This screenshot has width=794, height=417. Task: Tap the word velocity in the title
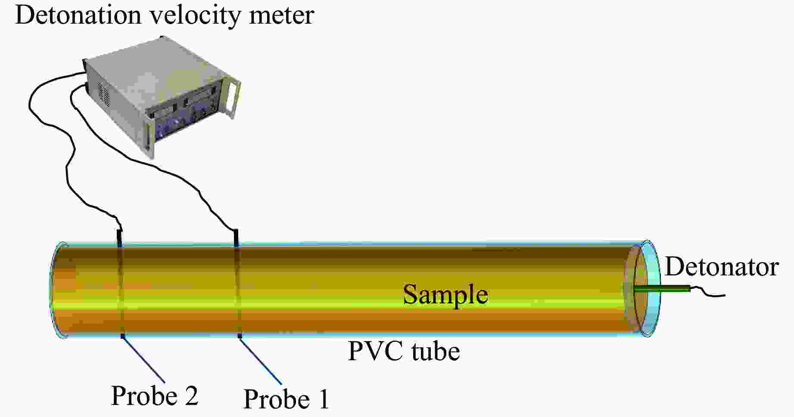click(x=195, y=16)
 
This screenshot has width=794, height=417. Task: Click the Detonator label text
click(x=722, y=267)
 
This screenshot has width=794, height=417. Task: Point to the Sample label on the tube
click(x=445, y=295)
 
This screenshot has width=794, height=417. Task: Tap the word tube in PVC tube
click(x=436, y=351)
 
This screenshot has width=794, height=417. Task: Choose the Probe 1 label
click(x=286, y=399)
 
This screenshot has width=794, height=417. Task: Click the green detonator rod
click(x=663, y=289)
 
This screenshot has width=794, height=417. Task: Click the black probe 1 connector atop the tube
click(x=236, y=238)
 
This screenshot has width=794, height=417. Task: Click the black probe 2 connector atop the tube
click(x=119, y=237)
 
